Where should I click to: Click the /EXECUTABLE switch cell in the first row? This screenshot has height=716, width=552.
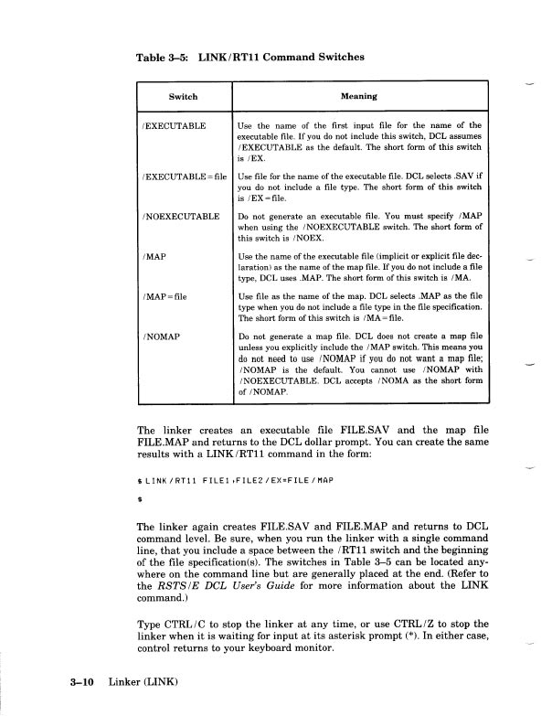pos(173,124)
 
